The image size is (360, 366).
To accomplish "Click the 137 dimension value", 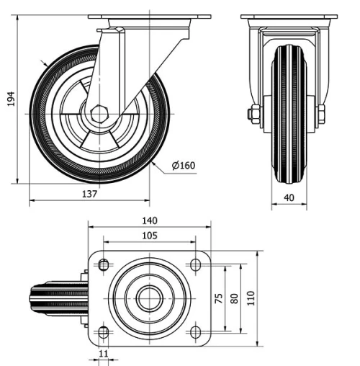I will pyautogui.click(x=89, y=194).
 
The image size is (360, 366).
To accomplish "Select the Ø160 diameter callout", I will pyautogui.click(x=184, y=166).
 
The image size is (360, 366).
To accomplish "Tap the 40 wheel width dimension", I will pyautogui.click(x=289, y=197).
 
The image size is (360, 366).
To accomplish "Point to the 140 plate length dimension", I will pyautogui.click(x=149, y=220).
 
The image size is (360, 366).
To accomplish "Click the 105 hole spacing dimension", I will pyautogui.click(x=149, y=236).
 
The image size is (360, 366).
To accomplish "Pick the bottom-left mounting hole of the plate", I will pyautogui.click(x=103, y=331).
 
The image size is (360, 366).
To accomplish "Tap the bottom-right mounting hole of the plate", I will pyautogui.click(x=195, y=331).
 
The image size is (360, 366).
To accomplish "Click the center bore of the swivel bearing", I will pyautogui.click(x=149, y=298).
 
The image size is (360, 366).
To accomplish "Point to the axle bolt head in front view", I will pyautogui.click(x=254, y=114).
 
